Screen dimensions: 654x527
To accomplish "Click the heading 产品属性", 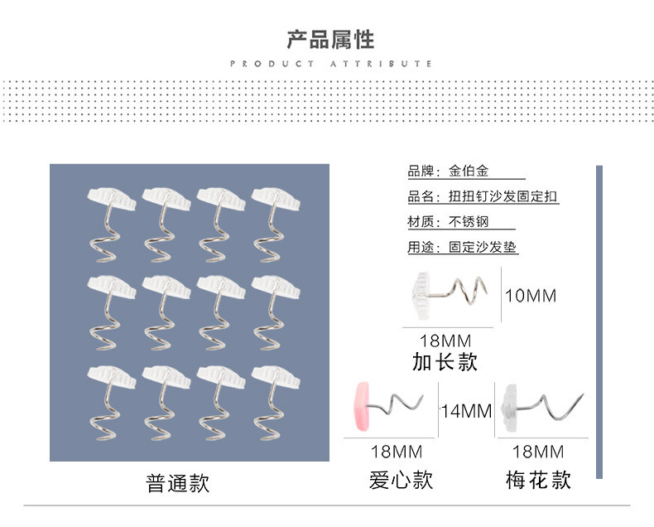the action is tap(330, 39).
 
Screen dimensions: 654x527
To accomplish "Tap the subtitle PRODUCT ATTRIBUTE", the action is tap(330, 64).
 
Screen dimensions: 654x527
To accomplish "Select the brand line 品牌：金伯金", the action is tap(448, 172).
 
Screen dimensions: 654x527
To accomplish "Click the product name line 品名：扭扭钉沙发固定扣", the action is tap(483, 197).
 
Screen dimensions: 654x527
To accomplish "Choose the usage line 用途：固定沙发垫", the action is tap(462, 247).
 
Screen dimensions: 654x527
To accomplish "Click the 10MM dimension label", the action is tap(531, 296).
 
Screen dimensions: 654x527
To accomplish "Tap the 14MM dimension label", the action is tap(466, 411).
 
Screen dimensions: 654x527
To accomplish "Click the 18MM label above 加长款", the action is tap(445, 341).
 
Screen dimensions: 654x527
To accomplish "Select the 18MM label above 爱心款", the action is tap(397, 452).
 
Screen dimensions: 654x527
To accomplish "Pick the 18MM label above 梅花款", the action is tap(538, 452).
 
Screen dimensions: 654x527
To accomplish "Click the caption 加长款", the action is tap(445, 362).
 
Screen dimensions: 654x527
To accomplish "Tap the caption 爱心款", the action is tap(401, 480).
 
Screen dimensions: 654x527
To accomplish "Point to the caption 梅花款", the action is tap(538, 480).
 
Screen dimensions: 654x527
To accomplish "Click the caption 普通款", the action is tap(178, 483).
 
